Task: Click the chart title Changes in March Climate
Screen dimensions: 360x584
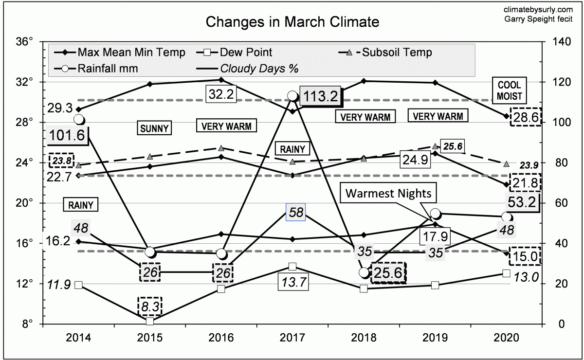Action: [x=292, y=22]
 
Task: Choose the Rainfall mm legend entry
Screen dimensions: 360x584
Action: [x=108, y=68]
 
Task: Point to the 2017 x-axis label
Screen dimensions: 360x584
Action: [x=292, y=337]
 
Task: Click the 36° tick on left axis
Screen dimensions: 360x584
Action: [x=24, y=42]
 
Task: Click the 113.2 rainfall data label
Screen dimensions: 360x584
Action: [x=320, y=96]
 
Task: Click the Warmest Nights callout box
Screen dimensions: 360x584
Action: [x=388, y=193]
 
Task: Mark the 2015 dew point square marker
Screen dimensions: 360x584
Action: [x=150, y=321]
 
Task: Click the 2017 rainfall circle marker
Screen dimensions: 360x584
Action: [x=292, y=96]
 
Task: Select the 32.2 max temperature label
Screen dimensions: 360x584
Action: [x=220, y=94]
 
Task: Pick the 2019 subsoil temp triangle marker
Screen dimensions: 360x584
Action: [x=435, y=146]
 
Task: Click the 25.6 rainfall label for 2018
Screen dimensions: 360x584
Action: [x=388, y=273]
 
